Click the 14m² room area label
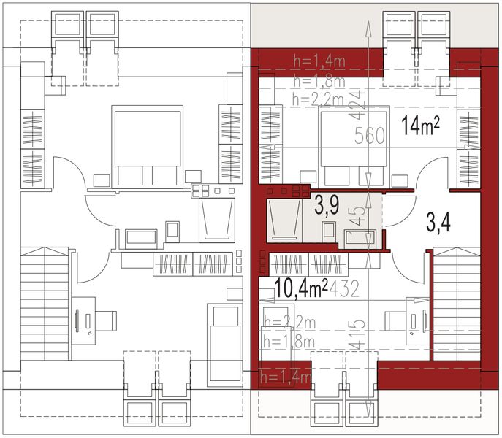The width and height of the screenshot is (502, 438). tap(420, 126)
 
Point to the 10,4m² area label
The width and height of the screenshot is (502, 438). tap(301, 289)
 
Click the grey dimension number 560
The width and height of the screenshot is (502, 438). tap(370, 135)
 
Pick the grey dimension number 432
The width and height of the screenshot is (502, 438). tap(343, 290)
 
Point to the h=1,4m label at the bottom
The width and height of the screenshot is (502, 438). tap(286, 377)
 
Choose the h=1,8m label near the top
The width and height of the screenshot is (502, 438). tap(319, 81)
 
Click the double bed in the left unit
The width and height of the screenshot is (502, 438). tap(146, 146)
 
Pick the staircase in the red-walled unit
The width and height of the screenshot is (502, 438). tap(455, 303)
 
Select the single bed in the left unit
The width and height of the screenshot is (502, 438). tap(224, 343)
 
